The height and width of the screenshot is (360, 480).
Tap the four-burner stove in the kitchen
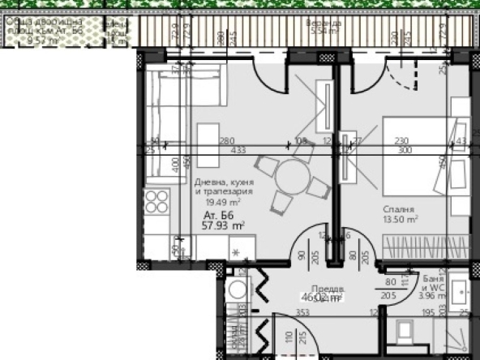[157, 201]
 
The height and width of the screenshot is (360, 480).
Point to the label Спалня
[399, 208]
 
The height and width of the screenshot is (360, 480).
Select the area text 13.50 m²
[401, 219]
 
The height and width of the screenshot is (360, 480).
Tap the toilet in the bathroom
[405, 334]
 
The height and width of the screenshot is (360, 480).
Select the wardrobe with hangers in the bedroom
[426, 244]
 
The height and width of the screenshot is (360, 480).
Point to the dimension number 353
[303, 311]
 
